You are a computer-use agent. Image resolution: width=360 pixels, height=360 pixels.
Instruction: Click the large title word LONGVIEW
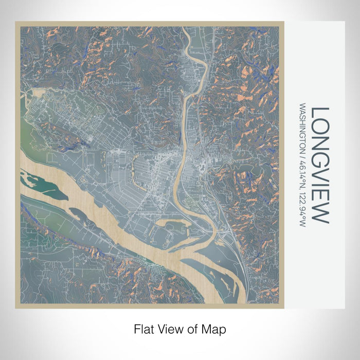click(x=319, y=165)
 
